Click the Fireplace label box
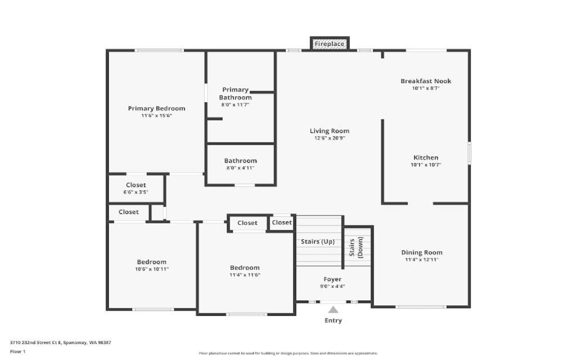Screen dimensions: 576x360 click(330, 44)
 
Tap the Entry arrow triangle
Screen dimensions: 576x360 click(333, 310)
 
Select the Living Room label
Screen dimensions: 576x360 click(330, 130)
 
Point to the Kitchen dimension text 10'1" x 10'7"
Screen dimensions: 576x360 click(426, 165)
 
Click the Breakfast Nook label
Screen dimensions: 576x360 click(426, 81)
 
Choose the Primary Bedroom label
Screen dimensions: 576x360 click(156, 109)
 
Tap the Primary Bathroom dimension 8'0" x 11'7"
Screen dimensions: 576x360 click(235, 105)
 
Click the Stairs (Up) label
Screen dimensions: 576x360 click(318, 241)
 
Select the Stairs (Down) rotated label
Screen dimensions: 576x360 click(356, 247)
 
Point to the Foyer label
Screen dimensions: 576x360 click(332, 280)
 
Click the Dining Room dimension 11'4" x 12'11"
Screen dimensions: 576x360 click(422, 260)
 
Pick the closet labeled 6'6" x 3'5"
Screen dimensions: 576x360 click(136, 188)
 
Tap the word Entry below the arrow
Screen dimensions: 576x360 click(333, 321)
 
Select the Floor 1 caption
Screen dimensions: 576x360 click(17, 352)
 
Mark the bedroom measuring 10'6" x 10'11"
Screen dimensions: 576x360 click(152, 265)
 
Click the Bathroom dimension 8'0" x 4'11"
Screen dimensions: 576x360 click(240, 168)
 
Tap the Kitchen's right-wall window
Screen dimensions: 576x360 click(470, 153)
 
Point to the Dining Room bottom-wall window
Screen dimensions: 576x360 click(421, 307)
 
